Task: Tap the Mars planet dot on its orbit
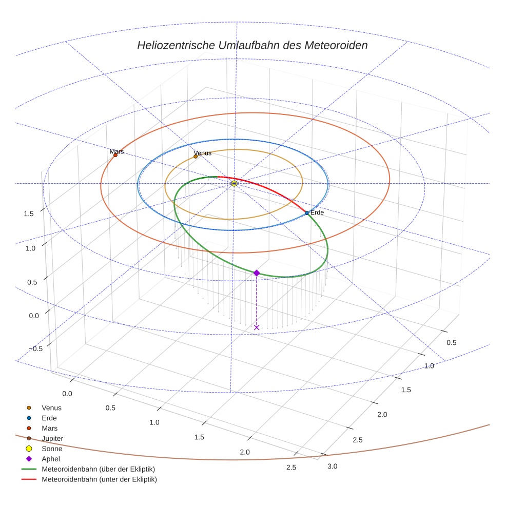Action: (115, 155)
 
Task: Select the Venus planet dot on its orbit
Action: (196, 156)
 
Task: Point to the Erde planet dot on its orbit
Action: (306, 213)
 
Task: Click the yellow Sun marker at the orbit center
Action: (234, 183)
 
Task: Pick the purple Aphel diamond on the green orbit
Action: (257, 273)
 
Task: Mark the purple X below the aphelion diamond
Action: (257, 327)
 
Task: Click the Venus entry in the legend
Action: (51, 408)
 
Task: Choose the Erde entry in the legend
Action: (49, 418)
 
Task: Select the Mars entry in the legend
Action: (49, 429)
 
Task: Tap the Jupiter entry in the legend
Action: (52, 439)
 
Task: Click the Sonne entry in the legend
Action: (52, 449)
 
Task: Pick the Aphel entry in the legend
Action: (51, 459)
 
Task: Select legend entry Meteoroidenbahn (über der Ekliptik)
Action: (98, 469)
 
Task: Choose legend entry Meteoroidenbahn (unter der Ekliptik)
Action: (99, 479)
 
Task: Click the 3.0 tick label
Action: (333, 466)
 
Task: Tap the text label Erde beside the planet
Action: (318, 212)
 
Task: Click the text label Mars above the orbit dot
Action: (116, 151)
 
